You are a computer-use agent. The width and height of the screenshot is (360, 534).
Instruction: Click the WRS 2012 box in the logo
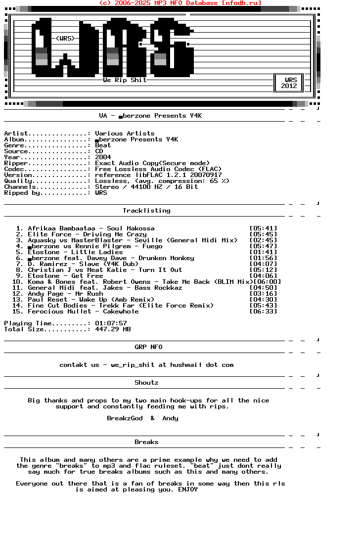point(289,83)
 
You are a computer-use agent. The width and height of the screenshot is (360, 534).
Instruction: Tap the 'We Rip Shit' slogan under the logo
point(125,80)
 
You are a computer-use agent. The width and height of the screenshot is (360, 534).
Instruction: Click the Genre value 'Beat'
point(103,145)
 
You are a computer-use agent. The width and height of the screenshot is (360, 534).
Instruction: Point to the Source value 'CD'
point(99,151)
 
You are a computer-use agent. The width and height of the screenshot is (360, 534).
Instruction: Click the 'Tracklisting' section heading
point(146,211)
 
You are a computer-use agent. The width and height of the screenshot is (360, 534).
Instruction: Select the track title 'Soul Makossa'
point(131,228)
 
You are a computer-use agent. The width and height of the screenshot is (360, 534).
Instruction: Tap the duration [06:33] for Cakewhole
point(263,311)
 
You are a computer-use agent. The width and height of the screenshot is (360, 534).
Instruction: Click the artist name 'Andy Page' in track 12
point(45,294)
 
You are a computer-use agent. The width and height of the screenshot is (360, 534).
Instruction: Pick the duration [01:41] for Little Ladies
point(263,252)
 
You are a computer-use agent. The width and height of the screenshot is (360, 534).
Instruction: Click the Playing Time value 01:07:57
point(111,323)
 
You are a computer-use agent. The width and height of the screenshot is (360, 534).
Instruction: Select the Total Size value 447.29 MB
point(113,329)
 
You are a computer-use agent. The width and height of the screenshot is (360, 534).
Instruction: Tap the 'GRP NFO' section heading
point(148,347)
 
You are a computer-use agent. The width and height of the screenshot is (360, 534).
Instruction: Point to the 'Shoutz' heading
point(146,383)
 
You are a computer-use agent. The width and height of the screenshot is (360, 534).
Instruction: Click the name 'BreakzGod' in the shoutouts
point(125,418)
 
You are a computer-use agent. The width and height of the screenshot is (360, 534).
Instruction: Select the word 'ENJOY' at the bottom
point(188,489)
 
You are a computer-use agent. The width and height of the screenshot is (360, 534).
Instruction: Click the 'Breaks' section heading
point(146,442)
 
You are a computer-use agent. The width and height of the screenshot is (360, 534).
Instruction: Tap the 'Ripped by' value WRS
point(101,193)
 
